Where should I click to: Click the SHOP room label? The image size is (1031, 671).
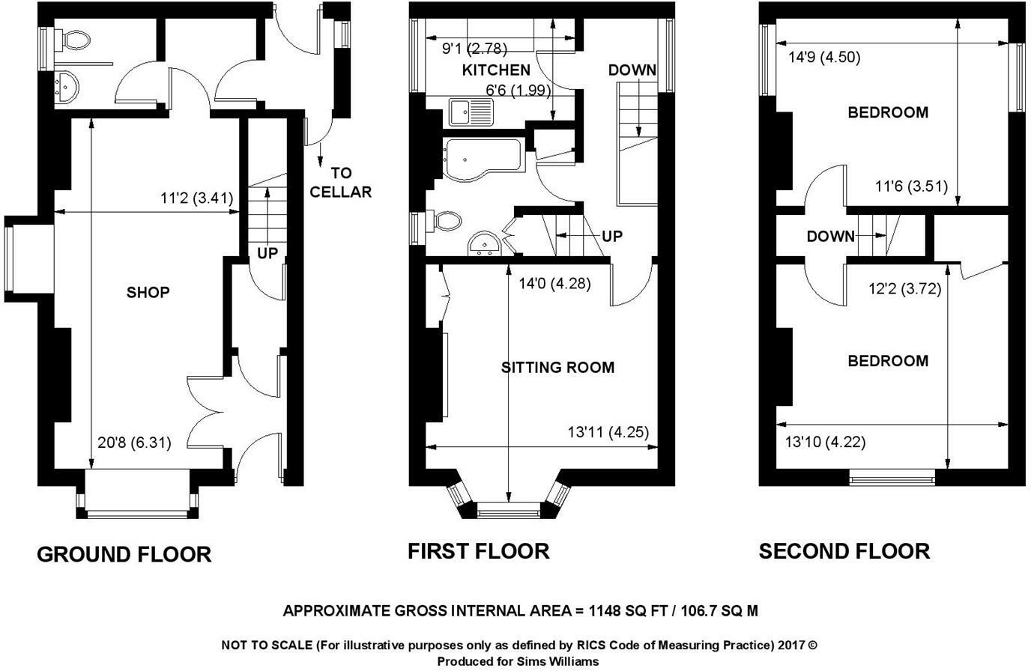[x=148, y=293]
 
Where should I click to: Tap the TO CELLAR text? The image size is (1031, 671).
[x=340, y=183]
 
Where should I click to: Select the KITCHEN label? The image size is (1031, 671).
[x=496, y=70]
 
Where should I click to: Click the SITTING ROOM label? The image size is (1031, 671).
[x=557, y=368]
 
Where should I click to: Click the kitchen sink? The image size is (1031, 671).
[x=470, y=113]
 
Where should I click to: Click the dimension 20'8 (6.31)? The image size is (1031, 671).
[x=134, y=443]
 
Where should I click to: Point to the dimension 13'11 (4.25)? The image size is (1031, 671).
[x=608, y=432]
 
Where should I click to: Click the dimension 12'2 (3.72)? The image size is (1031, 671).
[x=904, y=289]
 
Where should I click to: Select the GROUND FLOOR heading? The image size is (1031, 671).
[x=124, y=555]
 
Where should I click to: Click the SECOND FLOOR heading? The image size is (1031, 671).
[x=844, y=552]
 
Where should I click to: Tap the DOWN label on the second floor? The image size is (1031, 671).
[x=830, y=237]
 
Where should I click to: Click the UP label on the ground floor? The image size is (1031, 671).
[x=267, y=254]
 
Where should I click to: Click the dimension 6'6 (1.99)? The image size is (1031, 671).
[x=518, y=91]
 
